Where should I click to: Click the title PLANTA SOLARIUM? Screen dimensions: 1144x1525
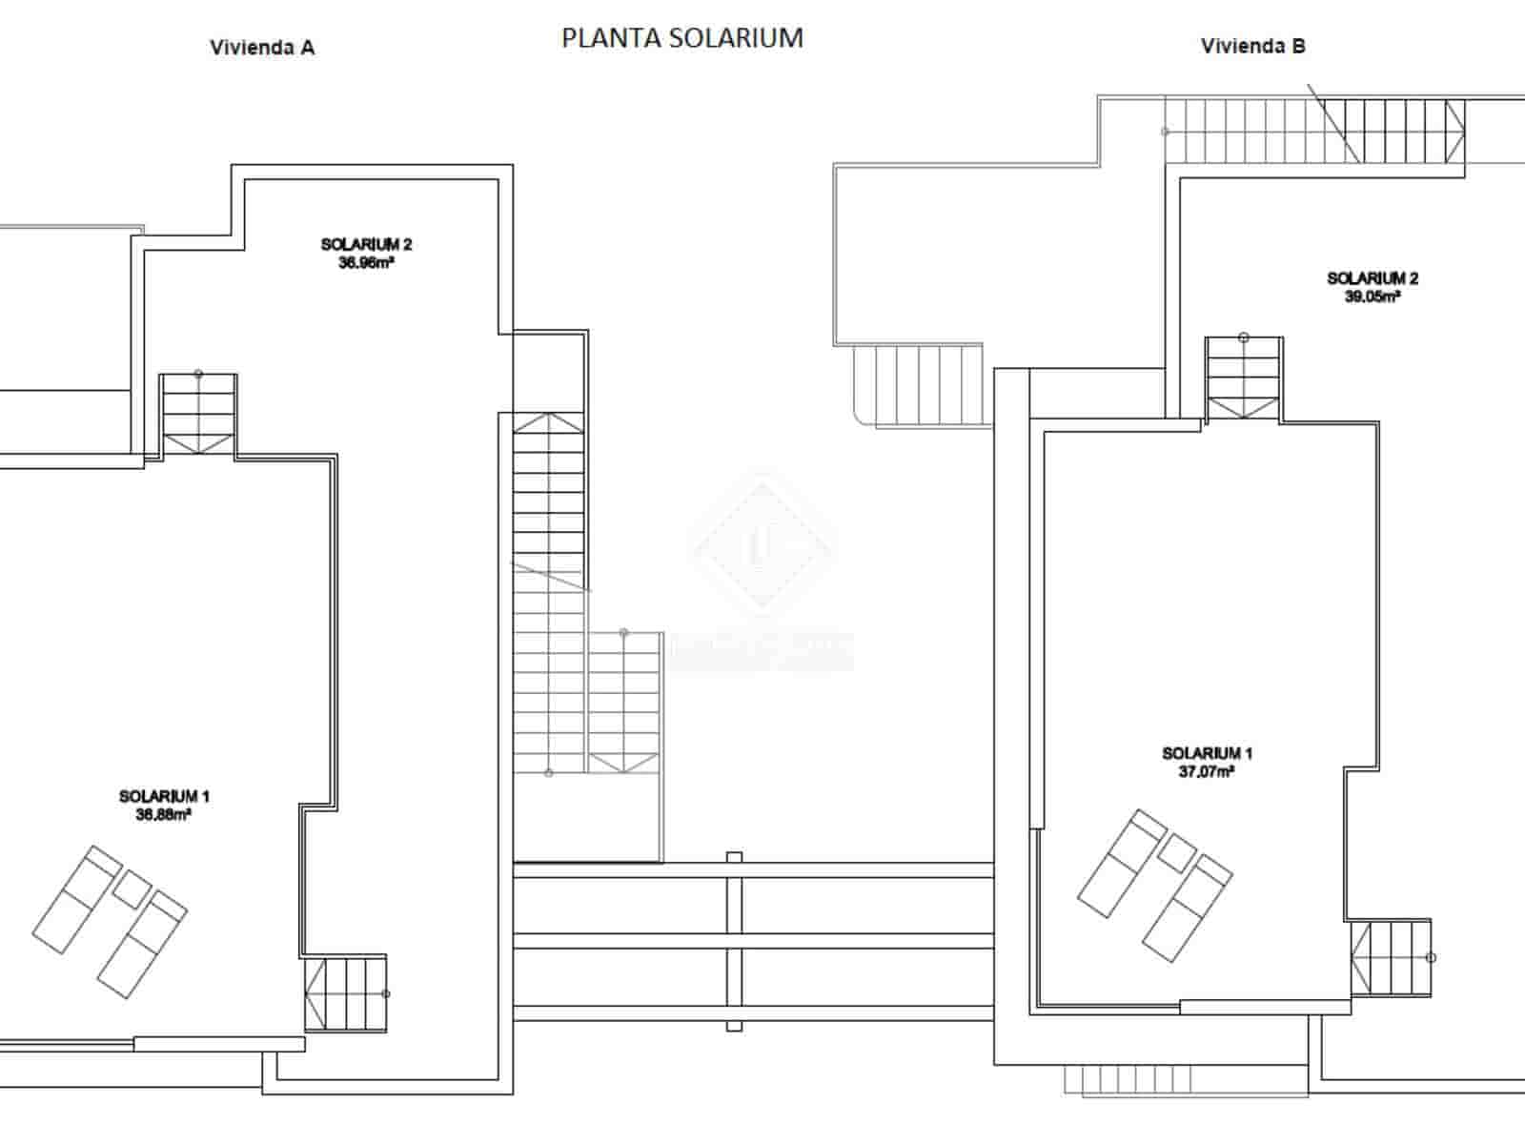click(682, 38)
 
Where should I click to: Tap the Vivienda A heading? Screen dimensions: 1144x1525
click(262, 48)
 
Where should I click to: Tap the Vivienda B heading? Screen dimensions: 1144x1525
click(1252, 46)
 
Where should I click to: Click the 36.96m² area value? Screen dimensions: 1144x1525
click(366, 263)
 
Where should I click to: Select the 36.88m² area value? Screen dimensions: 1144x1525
click(164, 815)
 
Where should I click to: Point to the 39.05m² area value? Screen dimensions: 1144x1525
click(1372, 296)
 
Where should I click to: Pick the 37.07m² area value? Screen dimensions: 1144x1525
click(1207, 772)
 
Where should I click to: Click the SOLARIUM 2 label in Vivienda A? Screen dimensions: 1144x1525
click(366, 245)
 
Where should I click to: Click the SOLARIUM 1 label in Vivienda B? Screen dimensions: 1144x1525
click(1207, 753)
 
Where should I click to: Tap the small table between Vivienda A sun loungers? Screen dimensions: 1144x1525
click(132, 889)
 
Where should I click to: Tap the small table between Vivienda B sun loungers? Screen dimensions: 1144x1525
click(1176, 853)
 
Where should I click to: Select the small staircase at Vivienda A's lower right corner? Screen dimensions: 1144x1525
click(346, 993)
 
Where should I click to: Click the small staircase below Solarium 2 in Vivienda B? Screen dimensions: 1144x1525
click(1244, 378)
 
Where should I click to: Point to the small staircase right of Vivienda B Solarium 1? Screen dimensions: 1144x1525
click(1391, 958)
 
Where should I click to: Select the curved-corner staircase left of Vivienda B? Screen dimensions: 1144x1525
click(917, 386)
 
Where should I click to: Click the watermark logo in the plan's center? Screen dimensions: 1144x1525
click(762, 543)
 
